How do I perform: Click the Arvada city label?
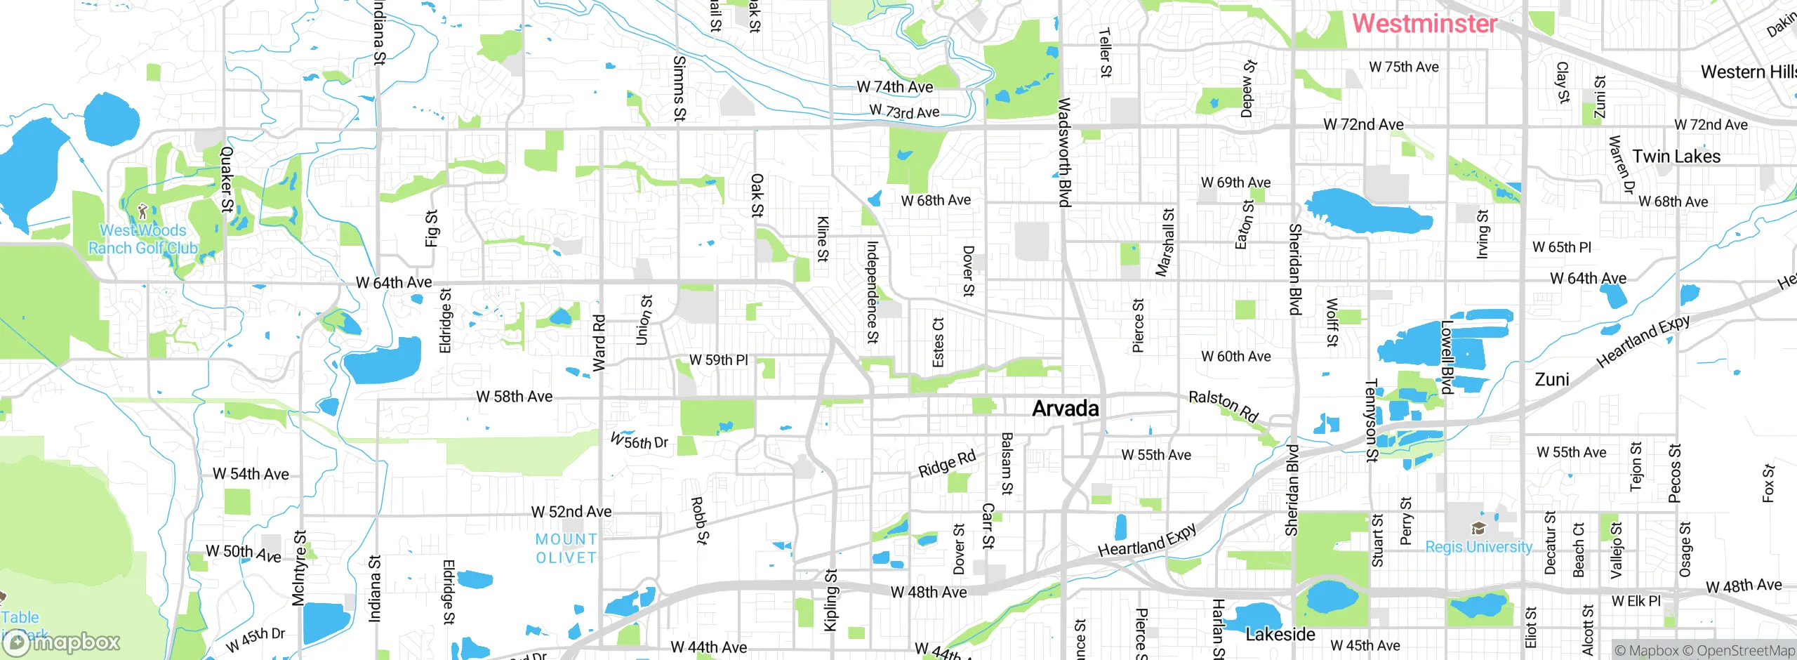(1065, 409)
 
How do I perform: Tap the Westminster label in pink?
(1424, 23)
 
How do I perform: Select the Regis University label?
(1478, 547)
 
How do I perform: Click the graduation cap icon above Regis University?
(1478, 529)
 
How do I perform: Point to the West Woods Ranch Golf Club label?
(143, 239)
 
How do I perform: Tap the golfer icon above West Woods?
(143, 210)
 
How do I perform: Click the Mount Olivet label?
(566, 548)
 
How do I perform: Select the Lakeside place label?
(1280, 635)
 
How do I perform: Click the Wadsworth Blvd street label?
(1064, 152)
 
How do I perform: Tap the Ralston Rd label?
(1223, 407)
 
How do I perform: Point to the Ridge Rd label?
(947, 463)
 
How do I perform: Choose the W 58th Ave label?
(514, 397)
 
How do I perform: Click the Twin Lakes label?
(1676, 157)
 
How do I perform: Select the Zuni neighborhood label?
(1551, 380)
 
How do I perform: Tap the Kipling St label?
(830, 600)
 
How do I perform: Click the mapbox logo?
(62, 642)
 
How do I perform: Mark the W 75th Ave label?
(1403, 67)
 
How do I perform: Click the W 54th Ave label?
(251, 475)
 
